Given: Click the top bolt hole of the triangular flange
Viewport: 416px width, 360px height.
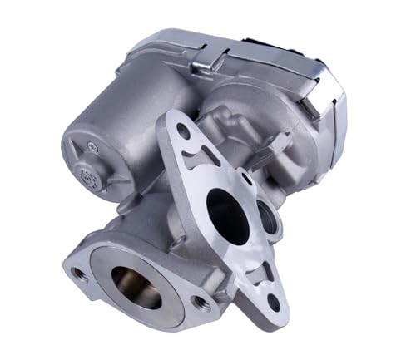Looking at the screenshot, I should pyautogui.click(x=183, y=131).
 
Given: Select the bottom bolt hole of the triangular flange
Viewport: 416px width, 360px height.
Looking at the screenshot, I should pyautogui.click(x=274, y=301).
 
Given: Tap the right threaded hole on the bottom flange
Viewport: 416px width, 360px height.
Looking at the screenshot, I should pyautogui.click(x=199, y=303).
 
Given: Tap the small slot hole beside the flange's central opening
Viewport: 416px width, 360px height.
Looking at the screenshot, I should pyautogui.click(x=247, y=180).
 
